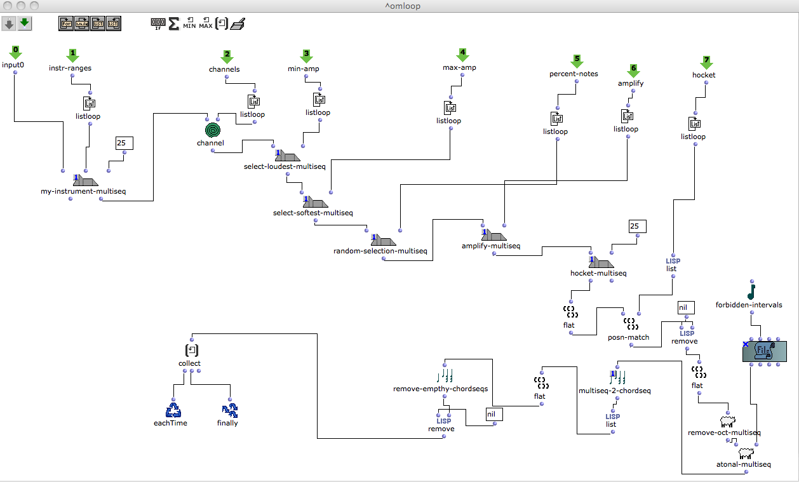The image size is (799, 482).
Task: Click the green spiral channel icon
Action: [x=214, y=130]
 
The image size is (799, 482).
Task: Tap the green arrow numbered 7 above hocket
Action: [x=707, y=62]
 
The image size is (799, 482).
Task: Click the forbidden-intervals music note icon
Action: [x=751, y=290]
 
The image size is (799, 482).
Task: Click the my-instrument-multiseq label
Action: [x=83, y=191]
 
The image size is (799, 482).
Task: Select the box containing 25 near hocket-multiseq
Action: [x=637, y=226]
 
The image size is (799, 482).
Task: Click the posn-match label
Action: [x=628, y=337]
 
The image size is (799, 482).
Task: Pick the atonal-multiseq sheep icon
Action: [x=746, y=453]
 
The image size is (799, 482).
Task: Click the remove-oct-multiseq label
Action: [x=724, y=432]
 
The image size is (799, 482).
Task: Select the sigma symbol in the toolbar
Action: [x=174, y=24]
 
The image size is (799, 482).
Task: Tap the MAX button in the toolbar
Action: [x=206, y=24]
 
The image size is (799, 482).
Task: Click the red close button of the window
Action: [x=8, y=6]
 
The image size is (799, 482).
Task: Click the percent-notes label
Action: [x=574, y=74]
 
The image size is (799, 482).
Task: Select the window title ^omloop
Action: [x=399, y=6]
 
